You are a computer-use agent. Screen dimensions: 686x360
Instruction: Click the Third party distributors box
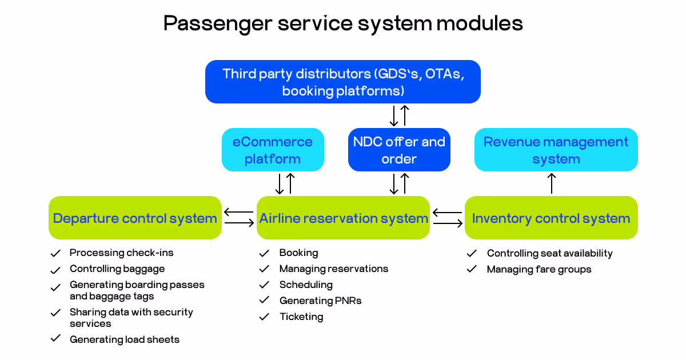tap(342, 82)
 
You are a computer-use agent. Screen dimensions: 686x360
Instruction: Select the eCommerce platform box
tap(273, 150)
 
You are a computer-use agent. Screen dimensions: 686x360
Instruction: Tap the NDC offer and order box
tap(399, 150)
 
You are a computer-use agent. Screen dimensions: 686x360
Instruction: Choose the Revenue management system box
tap(556, 150)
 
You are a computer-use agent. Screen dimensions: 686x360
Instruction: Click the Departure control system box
tap(135, 218)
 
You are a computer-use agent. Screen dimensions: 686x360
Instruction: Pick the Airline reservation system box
tap(343, 218)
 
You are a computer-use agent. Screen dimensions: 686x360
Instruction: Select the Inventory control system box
tap(551, 218)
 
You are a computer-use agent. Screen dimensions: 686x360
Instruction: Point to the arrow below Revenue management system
tap(552, 183)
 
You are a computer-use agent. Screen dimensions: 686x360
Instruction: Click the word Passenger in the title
tap(218, 24)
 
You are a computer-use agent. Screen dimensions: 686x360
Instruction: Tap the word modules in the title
tap(480, 23)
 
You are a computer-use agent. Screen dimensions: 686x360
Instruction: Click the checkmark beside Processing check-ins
tap(55, 253)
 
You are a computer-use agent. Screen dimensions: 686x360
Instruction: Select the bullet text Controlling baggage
tap(117, 269)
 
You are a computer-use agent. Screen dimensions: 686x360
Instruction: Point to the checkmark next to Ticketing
tap(264, 317)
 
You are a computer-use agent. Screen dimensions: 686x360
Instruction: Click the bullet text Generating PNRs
tap(320, 301)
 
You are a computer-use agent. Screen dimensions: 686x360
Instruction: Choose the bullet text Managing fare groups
tap(539, 269)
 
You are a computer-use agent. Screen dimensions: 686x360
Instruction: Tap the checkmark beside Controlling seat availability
tap(472, 253)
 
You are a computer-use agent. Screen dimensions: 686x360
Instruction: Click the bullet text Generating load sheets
tap(125, 339)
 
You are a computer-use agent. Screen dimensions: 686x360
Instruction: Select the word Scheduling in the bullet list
tap(306, 285)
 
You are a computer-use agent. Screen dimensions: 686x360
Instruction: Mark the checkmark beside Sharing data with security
tap(55, 313)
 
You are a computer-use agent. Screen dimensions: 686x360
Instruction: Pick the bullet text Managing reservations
tap(334, 269)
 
